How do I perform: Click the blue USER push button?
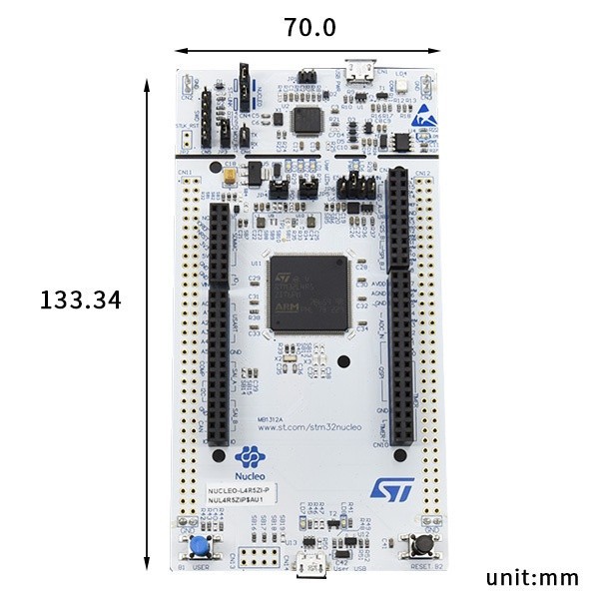tap(202, 546)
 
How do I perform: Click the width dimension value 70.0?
tap(309, 28)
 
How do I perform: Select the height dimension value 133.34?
tap(80, 299)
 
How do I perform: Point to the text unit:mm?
tap(532, 577)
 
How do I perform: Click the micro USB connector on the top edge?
tap(359, 73)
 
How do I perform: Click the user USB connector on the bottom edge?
tap(309, 567)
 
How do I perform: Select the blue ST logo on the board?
tap(391, 487)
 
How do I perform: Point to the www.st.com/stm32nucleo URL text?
tap(309, 427)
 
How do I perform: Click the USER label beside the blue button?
tap(201, 567)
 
